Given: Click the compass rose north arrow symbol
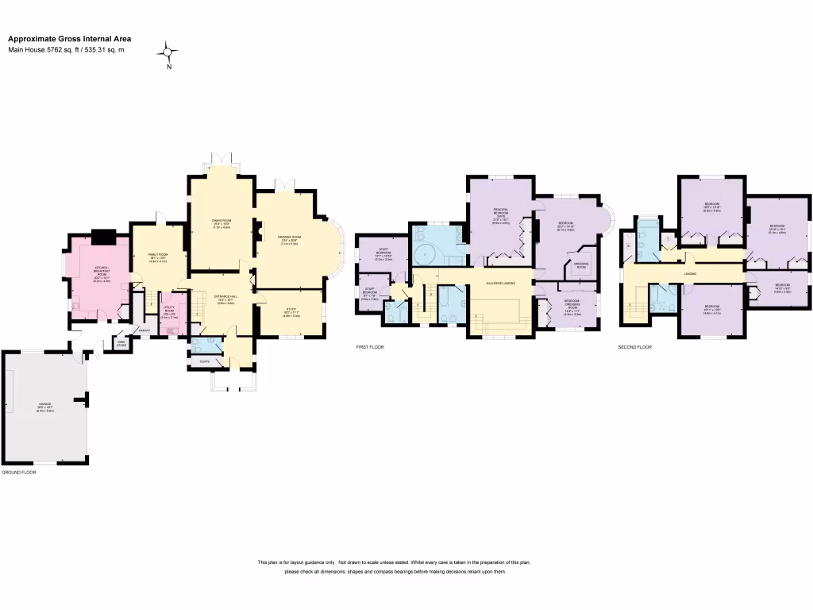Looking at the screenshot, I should tap(168, 53).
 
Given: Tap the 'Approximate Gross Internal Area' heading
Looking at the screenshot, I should tap(70, 38).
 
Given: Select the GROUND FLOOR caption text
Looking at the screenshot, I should tap(19, 472).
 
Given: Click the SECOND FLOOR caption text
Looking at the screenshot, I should tap(635, 347).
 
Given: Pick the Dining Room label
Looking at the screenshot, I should tap(221, 222).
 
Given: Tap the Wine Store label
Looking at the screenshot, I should tap(121, 344).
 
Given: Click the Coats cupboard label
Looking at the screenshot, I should tap(205, 361).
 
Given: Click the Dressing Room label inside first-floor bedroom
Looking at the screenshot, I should tap(580, 266).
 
